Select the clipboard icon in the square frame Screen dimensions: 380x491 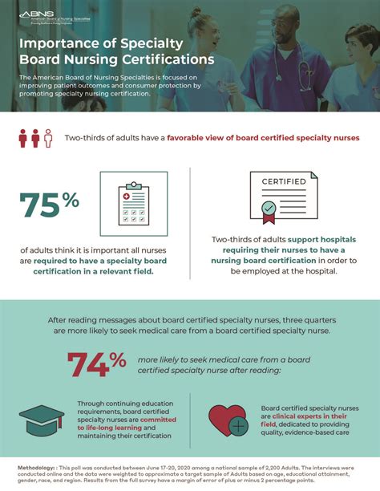pos(134,205)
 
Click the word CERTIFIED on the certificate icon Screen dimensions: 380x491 pos(284,181)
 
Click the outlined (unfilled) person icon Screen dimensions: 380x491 pos(48,137)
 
